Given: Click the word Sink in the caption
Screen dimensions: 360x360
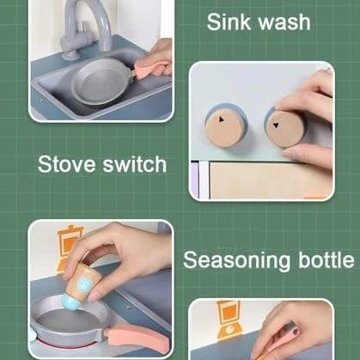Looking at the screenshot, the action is point(226,21).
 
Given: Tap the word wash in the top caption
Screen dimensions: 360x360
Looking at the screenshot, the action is point(281,22).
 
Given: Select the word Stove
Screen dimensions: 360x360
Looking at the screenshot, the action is point(66,164).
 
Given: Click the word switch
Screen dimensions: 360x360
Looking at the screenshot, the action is point(134,164).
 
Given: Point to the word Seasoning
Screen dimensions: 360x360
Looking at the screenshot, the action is point(237,260).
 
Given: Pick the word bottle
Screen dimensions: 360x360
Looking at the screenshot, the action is point(326,259).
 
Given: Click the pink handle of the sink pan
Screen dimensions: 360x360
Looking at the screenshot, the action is point(152,70).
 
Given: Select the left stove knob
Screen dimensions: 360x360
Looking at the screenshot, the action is point(226,125).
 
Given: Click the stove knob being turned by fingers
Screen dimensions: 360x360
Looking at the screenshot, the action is point(284,127).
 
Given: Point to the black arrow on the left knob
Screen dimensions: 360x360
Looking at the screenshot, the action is point(221,119).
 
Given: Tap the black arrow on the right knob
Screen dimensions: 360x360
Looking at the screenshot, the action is point(276,125).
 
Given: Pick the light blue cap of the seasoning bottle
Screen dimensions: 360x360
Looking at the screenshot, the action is point(70,303).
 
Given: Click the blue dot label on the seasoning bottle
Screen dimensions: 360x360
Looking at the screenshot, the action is point(84,284).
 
